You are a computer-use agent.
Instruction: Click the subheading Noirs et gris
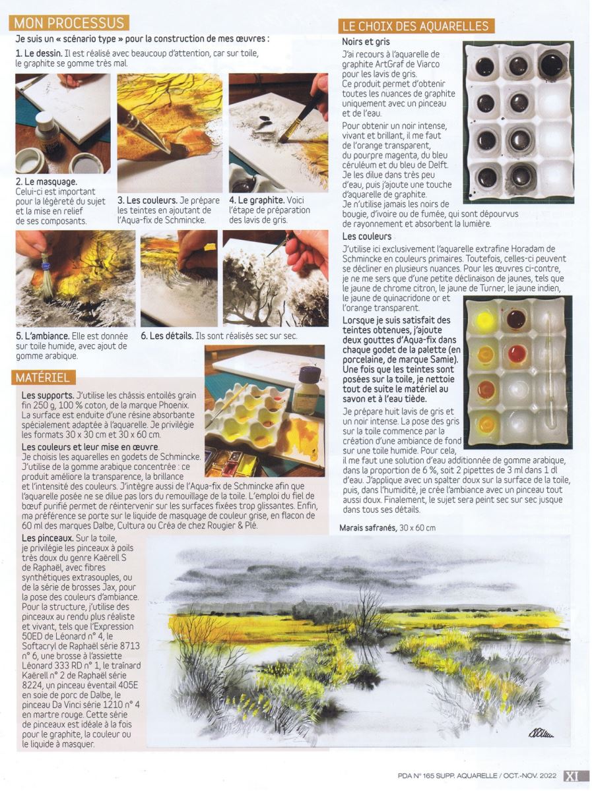pos(366,42)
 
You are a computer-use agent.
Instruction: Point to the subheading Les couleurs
pos(366,236)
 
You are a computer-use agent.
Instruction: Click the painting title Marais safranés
pos(368,527)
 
